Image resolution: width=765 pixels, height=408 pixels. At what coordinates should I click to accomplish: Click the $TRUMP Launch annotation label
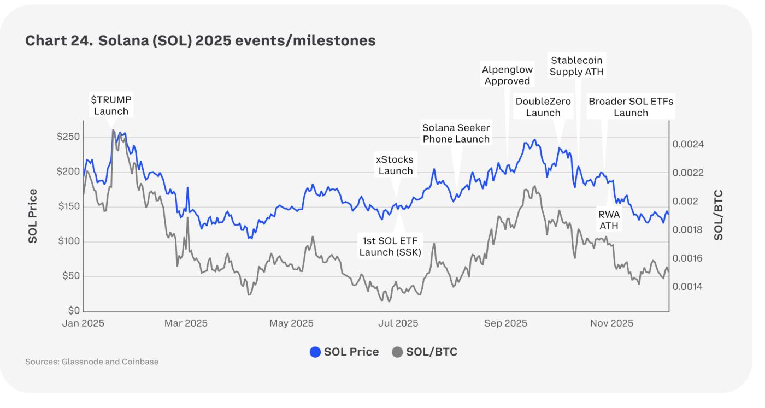pyautogui.click(x=111, y=105)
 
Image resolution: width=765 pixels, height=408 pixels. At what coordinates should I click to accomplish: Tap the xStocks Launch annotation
pyautogui.click(x=395, y=165)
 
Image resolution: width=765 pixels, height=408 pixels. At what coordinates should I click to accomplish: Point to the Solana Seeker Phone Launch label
pyautogui.click(x=456, y=133)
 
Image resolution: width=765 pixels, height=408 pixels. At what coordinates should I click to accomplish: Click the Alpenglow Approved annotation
pyautogui.click(x=507, y=75)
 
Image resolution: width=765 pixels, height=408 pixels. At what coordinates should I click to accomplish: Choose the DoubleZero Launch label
pyautogui.click(x=543, y=107)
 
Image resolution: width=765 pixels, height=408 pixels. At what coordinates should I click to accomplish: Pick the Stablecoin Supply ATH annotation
pyautogui.click(x=576, y=66)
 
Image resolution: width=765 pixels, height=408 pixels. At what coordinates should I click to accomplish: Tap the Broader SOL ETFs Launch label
pyautogui.click(x=631, y=107)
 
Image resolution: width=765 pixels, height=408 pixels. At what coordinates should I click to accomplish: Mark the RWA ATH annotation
pyautogui.click(x=609, y=220)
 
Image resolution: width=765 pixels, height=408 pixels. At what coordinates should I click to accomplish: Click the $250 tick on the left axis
pyautogui.click(x=68, y=137)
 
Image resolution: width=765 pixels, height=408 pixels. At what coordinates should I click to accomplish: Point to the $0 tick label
pyautogui.click(x=73, y=311)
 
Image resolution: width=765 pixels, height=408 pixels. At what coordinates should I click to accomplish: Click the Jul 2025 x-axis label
pyautogui.click(x=398, y=323)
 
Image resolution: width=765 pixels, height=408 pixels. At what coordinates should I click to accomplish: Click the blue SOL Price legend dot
pyautogui.click(x=315, y=352)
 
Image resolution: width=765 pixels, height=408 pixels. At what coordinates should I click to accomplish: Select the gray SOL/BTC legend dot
pyautogui.click(x=398, y=352)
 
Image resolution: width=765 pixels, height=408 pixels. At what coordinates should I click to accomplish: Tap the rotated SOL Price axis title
pyautogui.click(x=33, y=216)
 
